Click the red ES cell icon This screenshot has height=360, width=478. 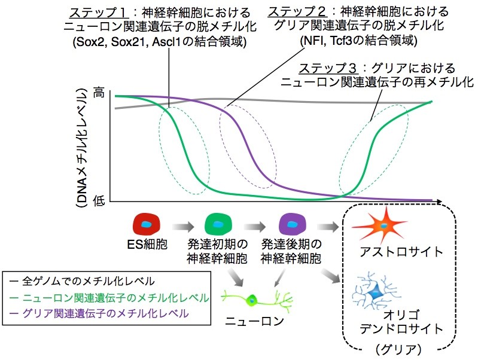pos(147,225)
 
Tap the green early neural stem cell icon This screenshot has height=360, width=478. pos(218,225)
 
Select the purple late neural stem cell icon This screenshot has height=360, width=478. pos(293,225)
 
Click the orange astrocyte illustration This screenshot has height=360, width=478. pos(381,225)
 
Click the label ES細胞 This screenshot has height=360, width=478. pos(147,244)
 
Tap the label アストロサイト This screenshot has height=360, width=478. pos(401,252)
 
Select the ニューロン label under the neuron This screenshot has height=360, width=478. pos(254,321)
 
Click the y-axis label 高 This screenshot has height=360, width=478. pos(99,92)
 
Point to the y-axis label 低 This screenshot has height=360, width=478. pos(99,200)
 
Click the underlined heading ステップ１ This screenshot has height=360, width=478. pos(98,13)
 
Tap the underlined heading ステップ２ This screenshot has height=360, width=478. pos(297,12)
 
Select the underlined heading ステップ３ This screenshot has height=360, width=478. pos(328,68)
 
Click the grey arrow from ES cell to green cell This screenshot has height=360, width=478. pos(183,227)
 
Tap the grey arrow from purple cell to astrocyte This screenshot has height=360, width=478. pos(328,227)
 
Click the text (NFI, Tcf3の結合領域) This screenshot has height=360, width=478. pos(358,40)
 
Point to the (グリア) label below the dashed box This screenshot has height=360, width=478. pos(399,349)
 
